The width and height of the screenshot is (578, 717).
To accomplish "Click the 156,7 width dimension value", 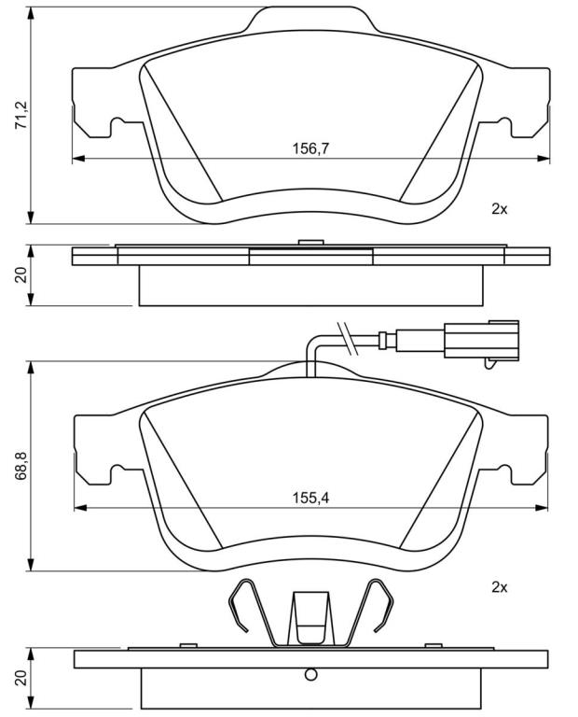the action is pyautogui.click(x=310, y=148).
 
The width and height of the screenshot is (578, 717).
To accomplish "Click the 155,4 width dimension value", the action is pyautogui.click(x=310, y=498).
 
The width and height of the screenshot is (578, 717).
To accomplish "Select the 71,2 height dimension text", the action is pyautogui.click(x=22, y=115).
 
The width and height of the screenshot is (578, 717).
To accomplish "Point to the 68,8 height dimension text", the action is pyautogui.click(x=22, y=466).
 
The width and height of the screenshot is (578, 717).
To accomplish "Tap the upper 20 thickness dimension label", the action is pyautogui.click(x=22, y=275).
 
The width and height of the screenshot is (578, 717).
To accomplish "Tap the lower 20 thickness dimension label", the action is pyautogui.click(x=22, y=678).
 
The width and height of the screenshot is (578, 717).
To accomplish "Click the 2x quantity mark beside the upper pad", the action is pyautogui.click(x=500, y=209).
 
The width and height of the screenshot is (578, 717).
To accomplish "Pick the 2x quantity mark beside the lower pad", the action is pyautogui.click(x=500, y=587).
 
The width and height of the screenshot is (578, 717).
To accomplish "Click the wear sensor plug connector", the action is pyautogui.click(x=481, y=339).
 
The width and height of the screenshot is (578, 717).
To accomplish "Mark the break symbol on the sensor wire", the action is pyautogui.click(x=346, y=338).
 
